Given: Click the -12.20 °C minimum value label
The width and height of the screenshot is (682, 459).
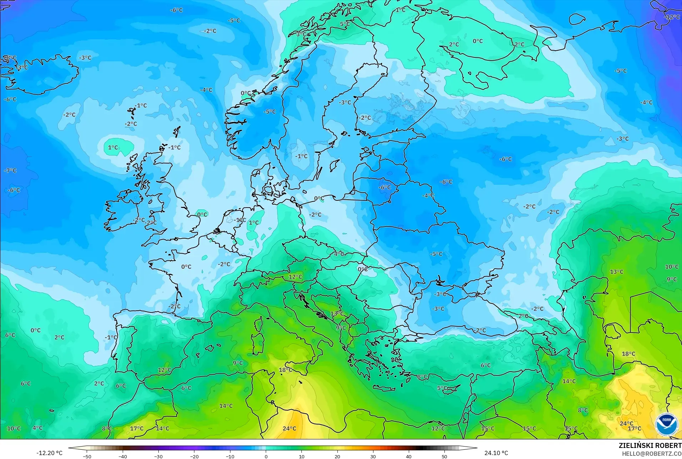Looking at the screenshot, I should (x=49, y=453).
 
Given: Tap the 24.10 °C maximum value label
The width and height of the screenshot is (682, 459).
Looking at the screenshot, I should (x=496, y=453).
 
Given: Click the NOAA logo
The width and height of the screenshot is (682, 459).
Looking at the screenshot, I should (x=666, y=424).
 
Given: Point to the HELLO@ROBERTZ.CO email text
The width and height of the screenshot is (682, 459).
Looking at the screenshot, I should (x=652, y=454).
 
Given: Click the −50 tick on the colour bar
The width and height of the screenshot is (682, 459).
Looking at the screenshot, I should (x=87, y=456).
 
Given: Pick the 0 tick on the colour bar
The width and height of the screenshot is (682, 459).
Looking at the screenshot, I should (x=266, y=456).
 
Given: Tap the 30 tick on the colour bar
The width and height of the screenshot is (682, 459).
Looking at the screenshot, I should (x=373, y=456).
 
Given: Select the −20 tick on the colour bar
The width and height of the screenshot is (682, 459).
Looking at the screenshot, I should (x=194, y=456).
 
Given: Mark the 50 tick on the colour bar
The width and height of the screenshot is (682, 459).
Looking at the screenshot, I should (x=444, y=456).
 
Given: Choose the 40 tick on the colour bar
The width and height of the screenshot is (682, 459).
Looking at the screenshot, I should (x=409, y=456).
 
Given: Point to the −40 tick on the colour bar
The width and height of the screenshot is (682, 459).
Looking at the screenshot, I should (x=123, y=456).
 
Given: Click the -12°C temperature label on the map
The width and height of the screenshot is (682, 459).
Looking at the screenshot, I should (x=672, y=17).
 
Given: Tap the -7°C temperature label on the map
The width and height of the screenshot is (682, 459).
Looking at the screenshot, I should (x=10, y=170).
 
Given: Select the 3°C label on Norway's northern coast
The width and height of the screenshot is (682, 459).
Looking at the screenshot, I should (x=301, y=34).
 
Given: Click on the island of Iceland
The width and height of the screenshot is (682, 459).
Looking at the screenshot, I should (x=43, y=77).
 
